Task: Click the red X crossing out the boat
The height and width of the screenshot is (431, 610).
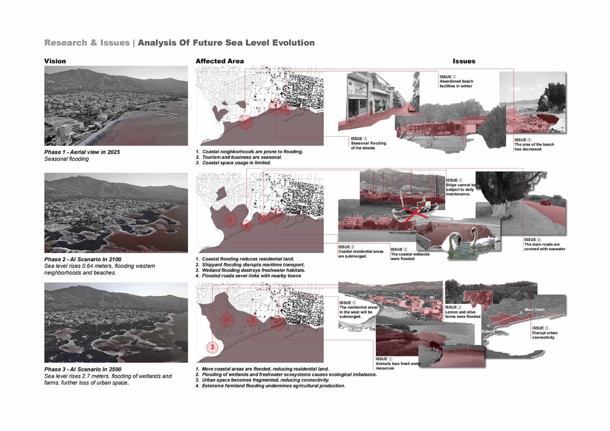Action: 416,211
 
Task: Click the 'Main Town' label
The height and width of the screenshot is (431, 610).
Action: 535,309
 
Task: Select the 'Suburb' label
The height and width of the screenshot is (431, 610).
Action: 488,331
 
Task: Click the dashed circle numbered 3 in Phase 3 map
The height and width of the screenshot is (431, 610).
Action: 212,347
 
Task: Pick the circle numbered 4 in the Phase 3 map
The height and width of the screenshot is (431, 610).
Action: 227,320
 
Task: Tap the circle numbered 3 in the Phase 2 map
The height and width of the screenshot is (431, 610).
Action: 230,220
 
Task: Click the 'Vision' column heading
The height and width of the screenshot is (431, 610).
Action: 55,61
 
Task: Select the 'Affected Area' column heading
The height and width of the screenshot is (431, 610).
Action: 219,61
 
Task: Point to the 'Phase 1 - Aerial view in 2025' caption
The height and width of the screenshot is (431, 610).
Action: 82,152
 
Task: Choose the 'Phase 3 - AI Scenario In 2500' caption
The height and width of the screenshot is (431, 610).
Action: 83,369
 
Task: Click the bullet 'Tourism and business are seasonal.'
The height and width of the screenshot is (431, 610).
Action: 242,157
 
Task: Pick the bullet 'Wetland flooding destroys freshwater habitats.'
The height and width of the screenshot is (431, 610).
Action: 253,270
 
